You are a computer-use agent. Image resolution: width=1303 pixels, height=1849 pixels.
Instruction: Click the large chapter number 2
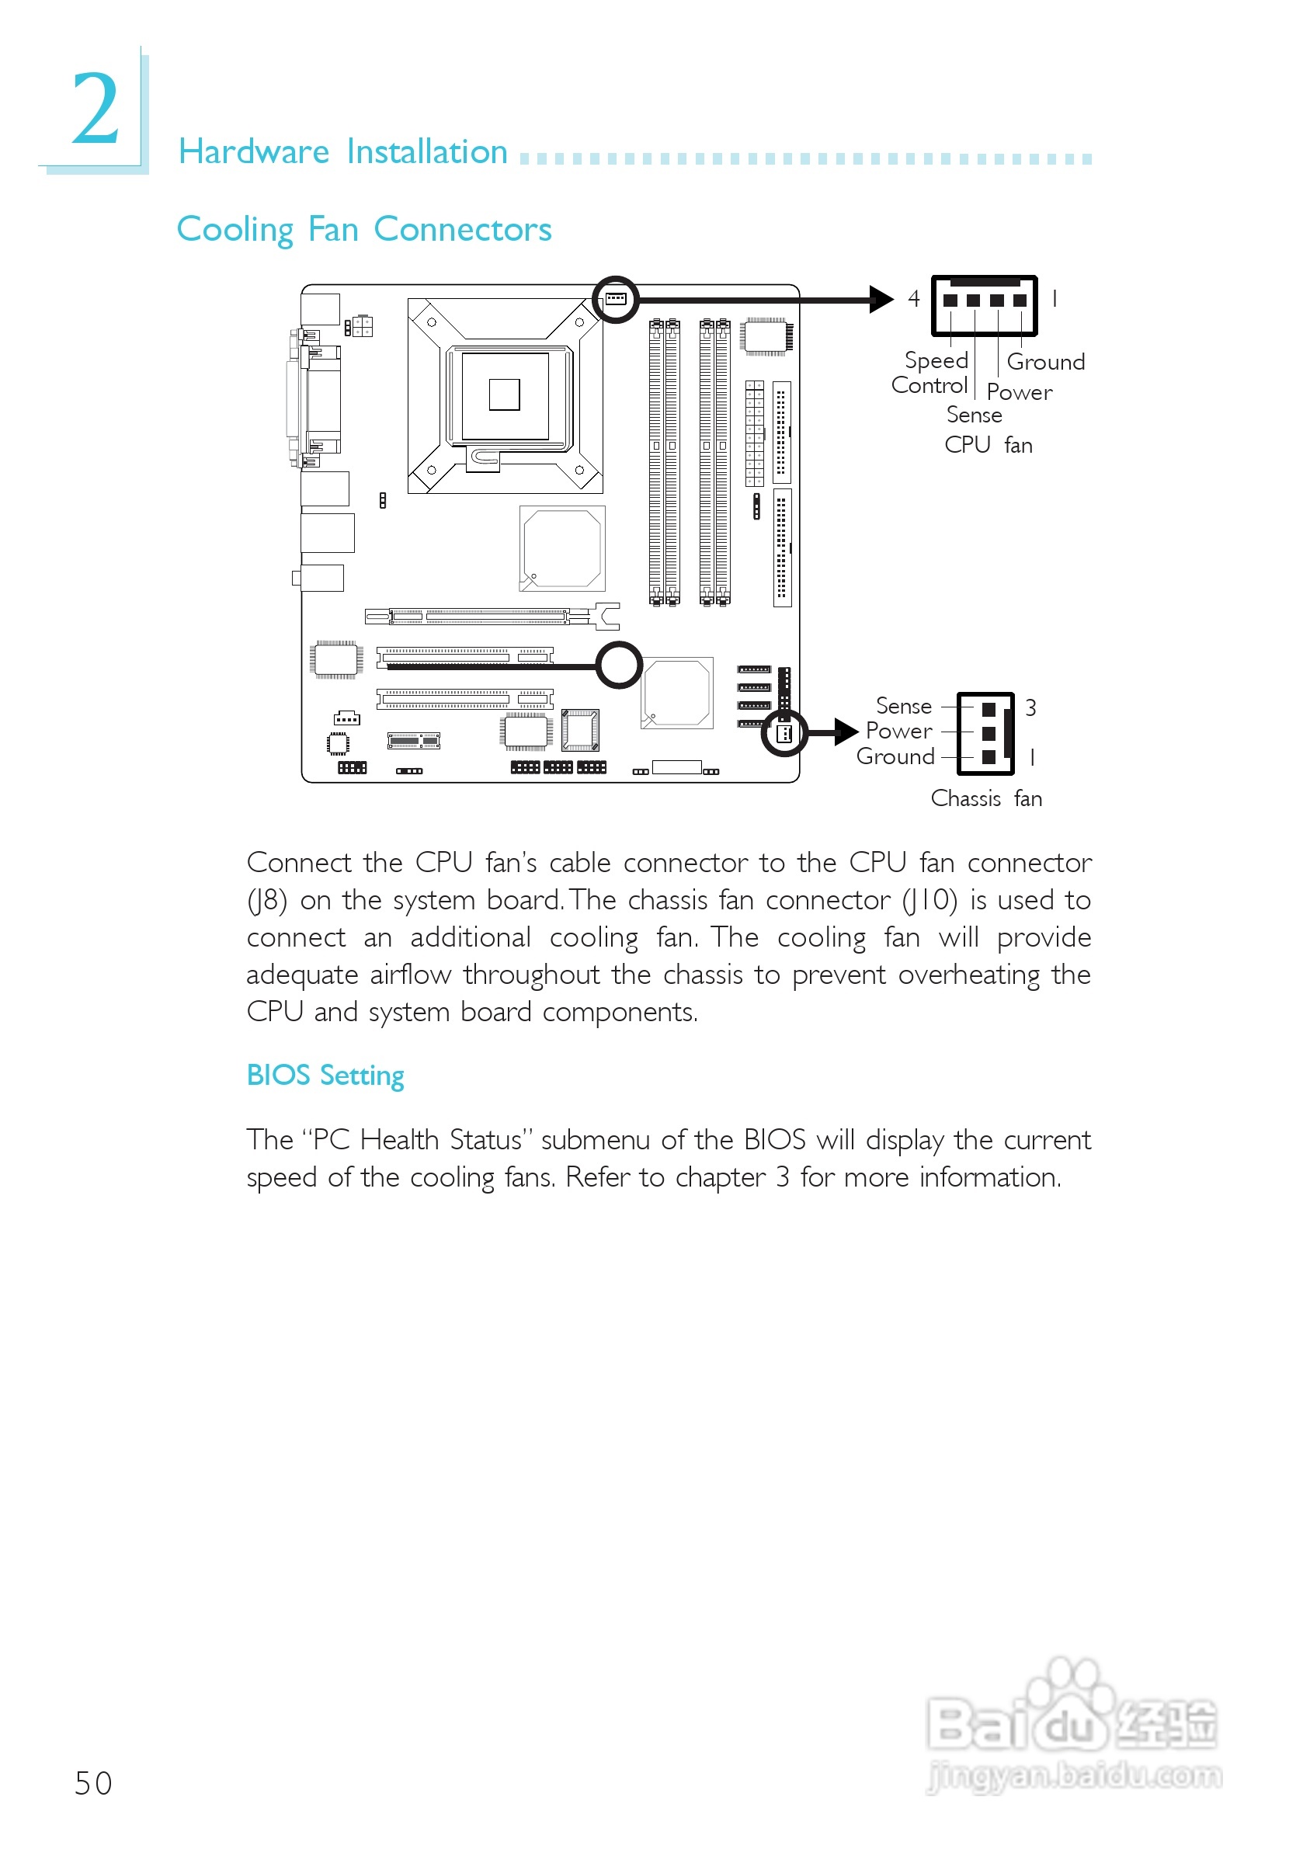click(x=96, y=109)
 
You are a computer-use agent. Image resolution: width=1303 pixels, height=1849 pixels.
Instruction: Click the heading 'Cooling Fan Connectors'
click(x=364, y=230)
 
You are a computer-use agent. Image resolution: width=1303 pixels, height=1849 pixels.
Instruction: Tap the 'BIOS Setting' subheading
click(x=325, y=1076)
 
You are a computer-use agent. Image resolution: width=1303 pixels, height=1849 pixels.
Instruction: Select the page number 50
click(x=93, y=1784)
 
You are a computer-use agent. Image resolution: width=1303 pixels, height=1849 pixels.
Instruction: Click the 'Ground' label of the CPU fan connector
click(x=1045, y=363)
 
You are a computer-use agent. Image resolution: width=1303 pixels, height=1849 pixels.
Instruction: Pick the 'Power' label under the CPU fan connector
click(x=1019, y=393)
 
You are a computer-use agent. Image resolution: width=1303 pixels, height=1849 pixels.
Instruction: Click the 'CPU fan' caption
click(x=989, y=445)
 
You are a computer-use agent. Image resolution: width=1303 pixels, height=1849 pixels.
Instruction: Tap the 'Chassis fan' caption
click(x=985, y=799)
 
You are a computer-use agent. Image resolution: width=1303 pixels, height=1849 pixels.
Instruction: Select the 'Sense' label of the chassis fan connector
click(x=904, y=706)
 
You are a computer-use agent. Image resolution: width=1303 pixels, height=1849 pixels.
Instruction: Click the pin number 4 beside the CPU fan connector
click(x=913, y=299)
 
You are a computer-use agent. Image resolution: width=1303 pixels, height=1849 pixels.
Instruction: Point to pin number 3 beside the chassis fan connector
click(x=1030, y=708)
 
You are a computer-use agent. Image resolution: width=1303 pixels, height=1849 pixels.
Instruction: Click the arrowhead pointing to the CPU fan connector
click(x=882, y=300)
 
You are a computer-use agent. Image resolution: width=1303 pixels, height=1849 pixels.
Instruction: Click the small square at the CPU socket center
click(x=504, y=394)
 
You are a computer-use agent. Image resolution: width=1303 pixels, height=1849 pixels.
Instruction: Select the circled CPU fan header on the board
click(x=616, y=300)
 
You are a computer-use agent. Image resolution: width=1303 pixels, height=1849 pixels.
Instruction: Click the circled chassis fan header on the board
click(x=784, y=733)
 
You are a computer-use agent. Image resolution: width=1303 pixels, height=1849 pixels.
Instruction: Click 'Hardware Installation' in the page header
click(x=343, y=152)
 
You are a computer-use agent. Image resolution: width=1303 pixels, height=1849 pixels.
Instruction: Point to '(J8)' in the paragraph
click(x=266, y=900)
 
